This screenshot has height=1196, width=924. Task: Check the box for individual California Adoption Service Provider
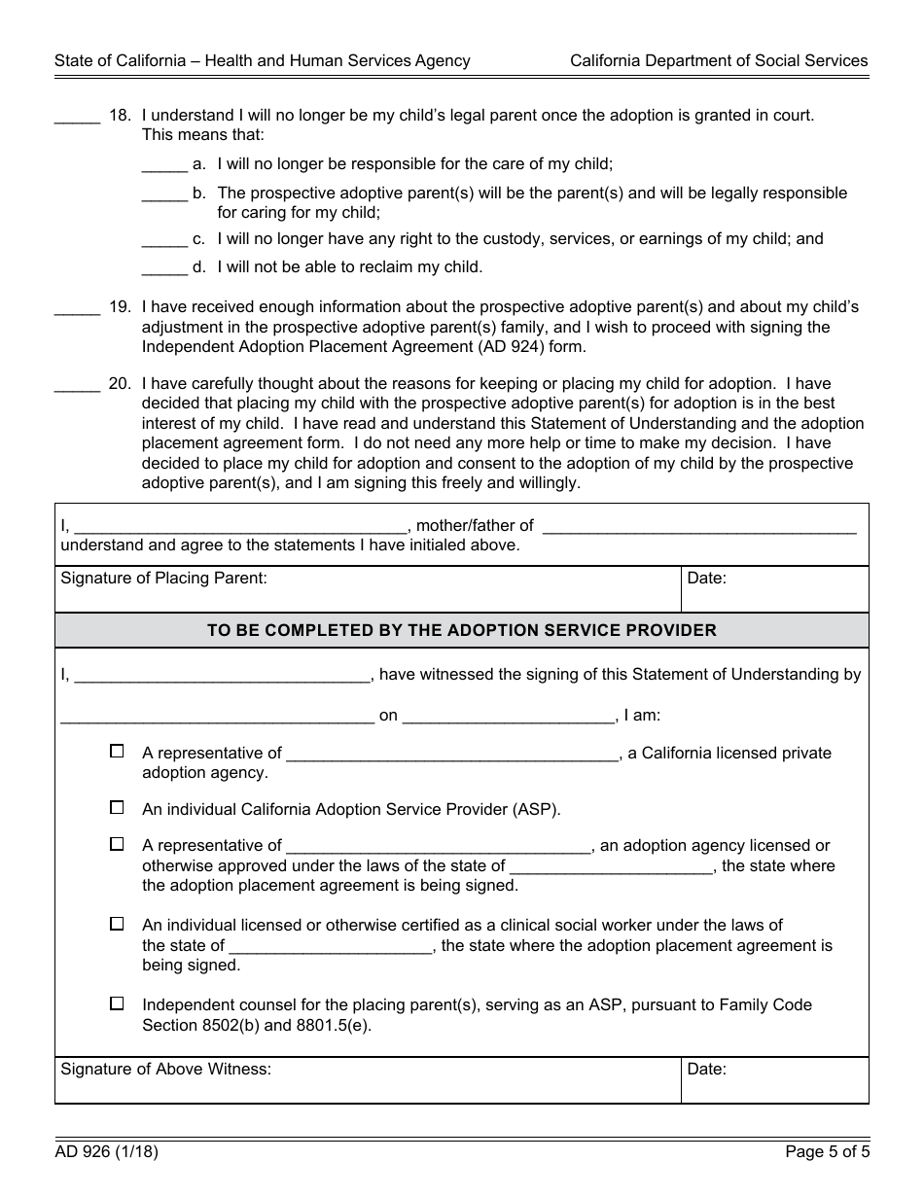click(117, 808)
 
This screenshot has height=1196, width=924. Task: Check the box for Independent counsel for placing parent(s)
click(117, 1003)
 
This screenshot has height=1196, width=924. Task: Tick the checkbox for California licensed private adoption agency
click(117, 752)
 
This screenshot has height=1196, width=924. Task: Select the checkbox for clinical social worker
click(117, 924)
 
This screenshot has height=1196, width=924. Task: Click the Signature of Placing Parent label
click(163, 579)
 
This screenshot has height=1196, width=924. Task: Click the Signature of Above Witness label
click(165, 1070)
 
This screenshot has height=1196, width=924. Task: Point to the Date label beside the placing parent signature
click(706, 579)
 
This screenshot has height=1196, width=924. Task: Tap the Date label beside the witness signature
click(706, 1070)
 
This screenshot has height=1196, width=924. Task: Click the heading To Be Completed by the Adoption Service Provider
click(461, 630)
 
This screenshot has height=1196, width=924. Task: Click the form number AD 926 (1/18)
click(106, 1153)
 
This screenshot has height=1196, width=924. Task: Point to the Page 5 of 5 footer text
click(827, 1153)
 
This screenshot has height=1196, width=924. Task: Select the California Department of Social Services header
click(719, 60)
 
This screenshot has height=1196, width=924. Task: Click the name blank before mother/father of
click(239, 526)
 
